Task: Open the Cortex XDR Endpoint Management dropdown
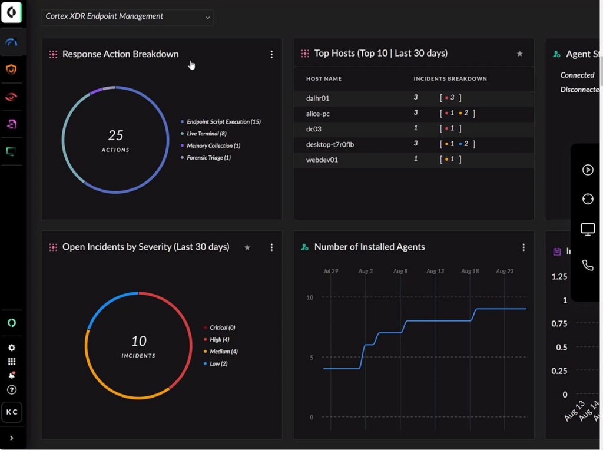127,17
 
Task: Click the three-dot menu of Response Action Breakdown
271,54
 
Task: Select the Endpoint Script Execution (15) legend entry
223,122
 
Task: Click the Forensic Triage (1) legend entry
208,158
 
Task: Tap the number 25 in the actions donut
115,135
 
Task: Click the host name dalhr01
317,98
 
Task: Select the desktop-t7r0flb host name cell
330,144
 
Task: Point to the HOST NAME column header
323,79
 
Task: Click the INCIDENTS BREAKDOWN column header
450,79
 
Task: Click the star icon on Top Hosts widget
519,54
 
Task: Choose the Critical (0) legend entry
222,327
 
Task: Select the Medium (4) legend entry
223,352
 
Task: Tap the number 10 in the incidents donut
138,341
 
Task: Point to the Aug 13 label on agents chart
435,272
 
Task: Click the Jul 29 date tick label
330,272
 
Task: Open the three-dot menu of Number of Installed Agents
524,247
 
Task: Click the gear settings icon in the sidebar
12,348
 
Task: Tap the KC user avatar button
12,412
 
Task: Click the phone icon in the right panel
588,266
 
